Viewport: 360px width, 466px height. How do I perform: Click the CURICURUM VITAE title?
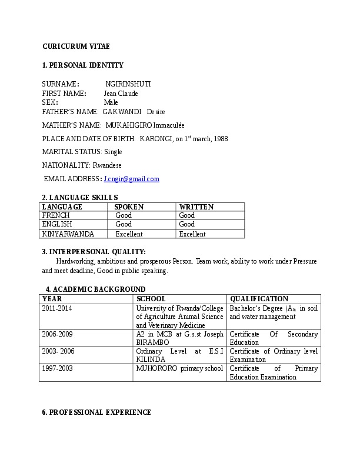click(76, 46)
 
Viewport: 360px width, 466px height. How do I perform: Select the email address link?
click(131, 179)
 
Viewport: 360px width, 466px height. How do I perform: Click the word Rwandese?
click(107, 165)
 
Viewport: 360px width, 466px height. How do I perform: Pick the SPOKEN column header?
click(129, 207)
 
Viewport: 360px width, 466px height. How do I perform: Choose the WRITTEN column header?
click(196, 207)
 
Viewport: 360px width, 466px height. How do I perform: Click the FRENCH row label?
click(56, 216)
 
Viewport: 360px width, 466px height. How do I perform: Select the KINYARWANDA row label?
click(68, 234)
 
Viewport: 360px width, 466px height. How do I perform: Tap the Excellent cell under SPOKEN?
click(129, 234)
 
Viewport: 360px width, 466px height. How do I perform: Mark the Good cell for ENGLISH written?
click(187, 225)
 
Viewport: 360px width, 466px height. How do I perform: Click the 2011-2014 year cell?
click(57, 308)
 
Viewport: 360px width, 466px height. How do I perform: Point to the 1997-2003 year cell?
click(57, 369)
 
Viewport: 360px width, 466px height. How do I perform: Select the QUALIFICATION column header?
click(259, 299)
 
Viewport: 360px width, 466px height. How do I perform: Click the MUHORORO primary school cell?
click(179, 369)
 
